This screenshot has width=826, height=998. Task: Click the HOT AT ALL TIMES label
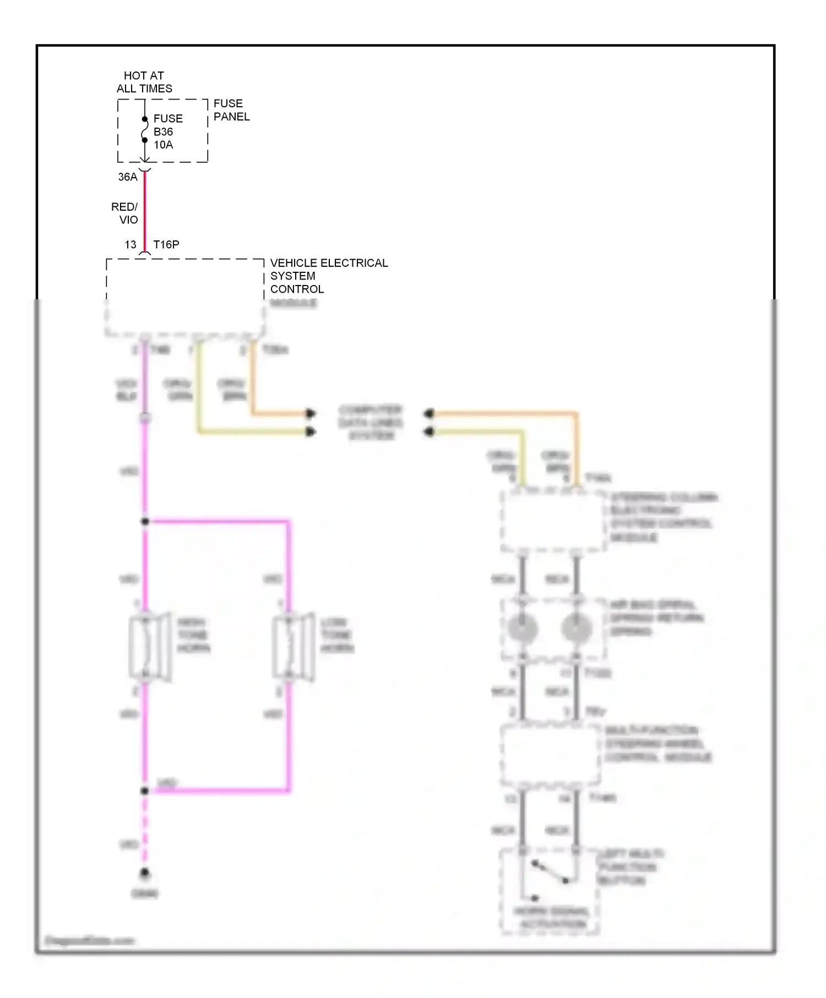click(x=144, y=82)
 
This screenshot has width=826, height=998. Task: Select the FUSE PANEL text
click(x=231, y=110)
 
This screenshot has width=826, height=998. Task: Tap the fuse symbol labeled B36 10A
click(x=145, y=130)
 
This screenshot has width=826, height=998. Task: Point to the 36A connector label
click(x=128, y=177)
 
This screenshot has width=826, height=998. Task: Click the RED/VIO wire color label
click(x=125, y=213)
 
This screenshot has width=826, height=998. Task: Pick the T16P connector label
click(x=166, y=244)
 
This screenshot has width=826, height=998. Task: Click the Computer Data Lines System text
click(x=371, y=423)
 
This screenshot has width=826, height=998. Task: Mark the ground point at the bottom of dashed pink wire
click(x=145, y=873)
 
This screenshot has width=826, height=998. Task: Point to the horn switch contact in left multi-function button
click(x=549, y=873)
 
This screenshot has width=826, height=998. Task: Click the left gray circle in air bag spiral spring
click(x=522, y=628)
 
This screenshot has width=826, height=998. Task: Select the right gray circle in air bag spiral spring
click(x=576, y=628)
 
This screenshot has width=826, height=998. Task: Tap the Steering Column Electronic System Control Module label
click(x=663, y=517)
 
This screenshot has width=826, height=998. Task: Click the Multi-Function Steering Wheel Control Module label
click(x=657, y=744)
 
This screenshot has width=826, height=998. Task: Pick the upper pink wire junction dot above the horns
click(x=145, y=521)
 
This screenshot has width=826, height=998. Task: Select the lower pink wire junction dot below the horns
click(x=145, y=791)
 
